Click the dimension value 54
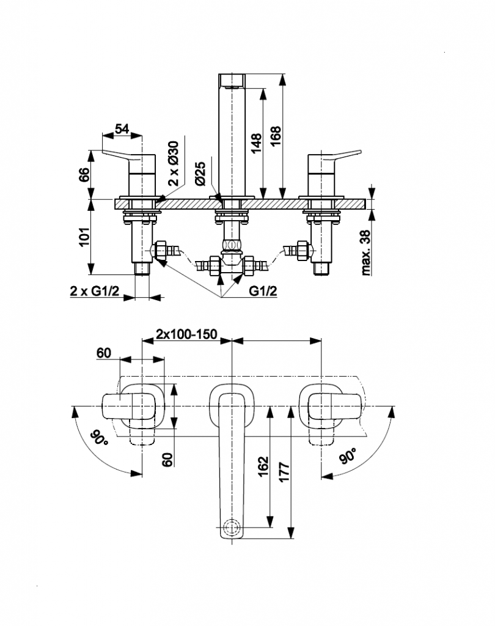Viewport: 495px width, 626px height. click(x=122, y=129)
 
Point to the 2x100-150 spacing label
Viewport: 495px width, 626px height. click(x=186, y=334)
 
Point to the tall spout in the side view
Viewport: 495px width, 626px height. click(x=232, y=134)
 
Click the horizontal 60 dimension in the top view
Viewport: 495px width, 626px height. click(x=103, y=353)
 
